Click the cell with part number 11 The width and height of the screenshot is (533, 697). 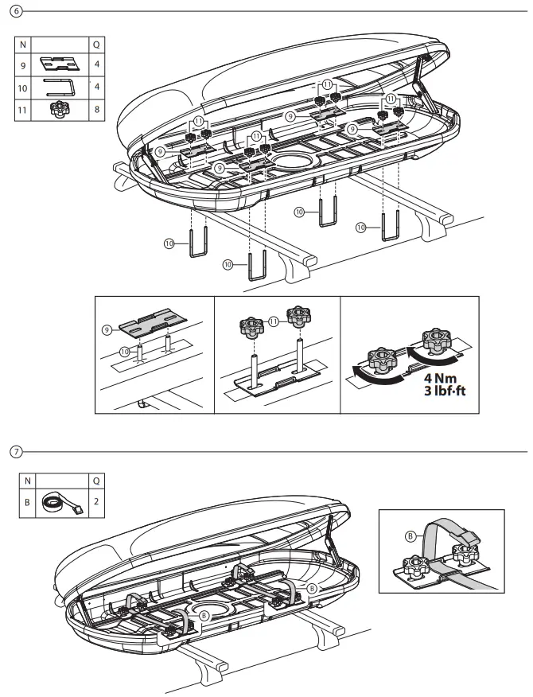click(25, 109)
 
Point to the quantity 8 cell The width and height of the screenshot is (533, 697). click(96, 109)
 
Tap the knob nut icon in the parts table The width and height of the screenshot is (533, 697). click(60, 109)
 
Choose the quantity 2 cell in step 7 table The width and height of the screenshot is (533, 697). click(96, 503)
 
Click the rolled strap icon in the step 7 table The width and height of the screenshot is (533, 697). click(60, 503)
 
